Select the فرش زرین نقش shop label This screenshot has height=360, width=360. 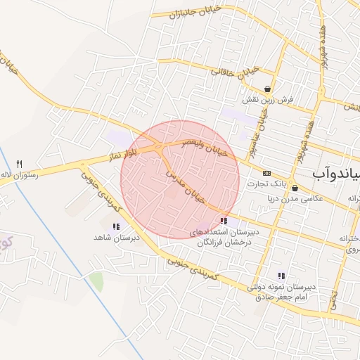(267, 101)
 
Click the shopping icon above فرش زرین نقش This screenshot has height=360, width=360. (268, 89)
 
